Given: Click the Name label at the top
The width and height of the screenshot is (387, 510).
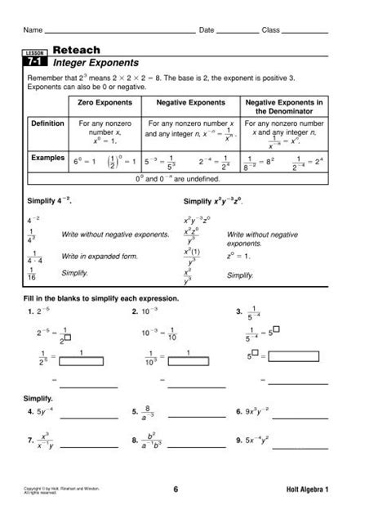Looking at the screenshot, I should pyautogui.click(x=33, y=30).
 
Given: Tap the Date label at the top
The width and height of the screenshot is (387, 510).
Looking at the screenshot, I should pyautogui.click(x=207, y=30).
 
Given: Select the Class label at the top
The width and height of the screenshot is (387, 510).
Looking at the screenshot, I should pyautogui.click(x=270, y=30).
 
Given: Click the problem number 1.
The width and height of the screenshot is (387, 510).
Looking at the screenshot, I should pyautogui.click(x=30, y=311).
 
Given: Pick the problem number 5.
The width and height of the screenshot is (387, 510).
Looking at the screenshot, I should pyautogui.click(x=134, y=412).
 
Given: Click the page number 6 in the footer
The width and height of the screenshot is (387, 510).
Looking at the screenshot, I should pyautogui.click(x=175, y=490).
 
